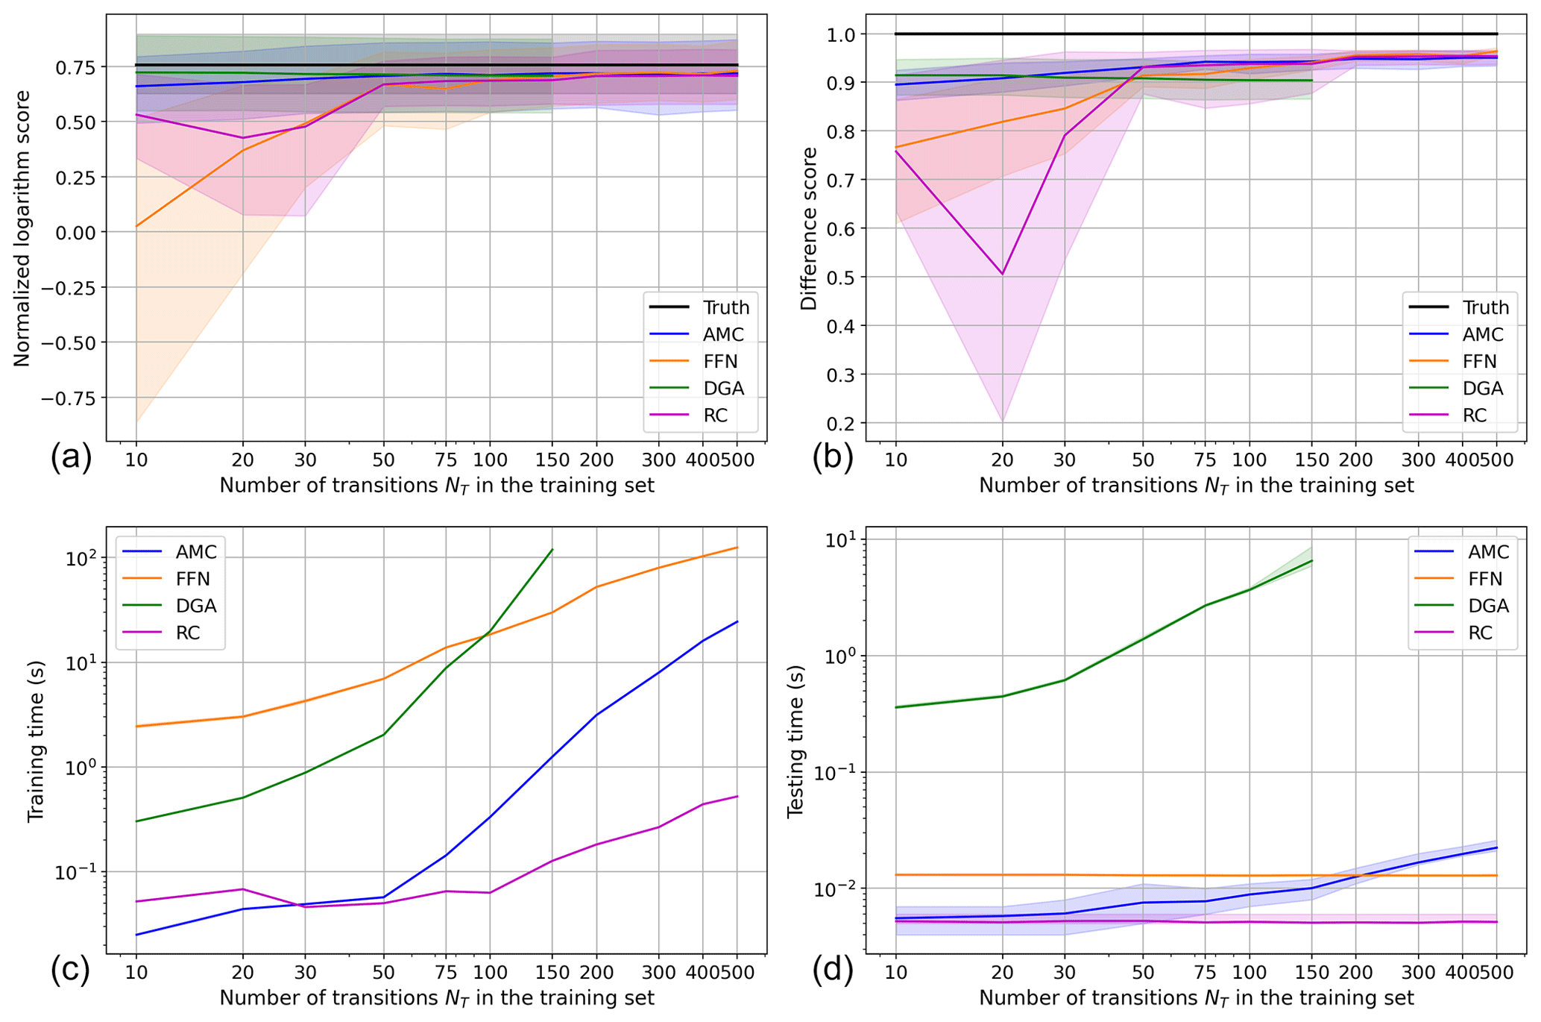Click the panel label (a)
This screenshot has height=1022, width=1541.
coord(71,457)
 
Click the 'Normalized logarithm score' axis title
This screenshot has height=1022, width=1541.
coord(22,228)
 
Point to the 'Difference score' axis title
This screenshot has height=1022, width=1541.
coord(809,228)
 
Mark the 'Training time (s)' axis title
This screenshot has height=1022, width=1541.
coord(36,741)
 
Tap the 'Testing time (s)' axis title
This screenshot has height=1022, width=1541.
coord(796,741)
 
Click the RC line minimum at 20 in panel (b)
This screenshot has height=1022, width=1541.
coord(1003,275)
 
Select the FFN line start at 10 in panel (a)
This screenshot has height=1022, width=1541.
coord(136,226)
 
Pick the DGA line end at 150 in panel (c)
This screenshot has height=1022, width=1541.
coord(552,550)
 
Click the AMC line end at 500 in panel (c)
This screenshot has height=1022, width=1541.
coord(737,621)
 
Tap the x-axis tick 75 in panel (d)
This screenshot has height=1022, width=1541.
coord(1206,973)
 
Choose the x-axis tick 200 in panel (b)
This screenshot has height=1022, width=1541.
coord(1356,460)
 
